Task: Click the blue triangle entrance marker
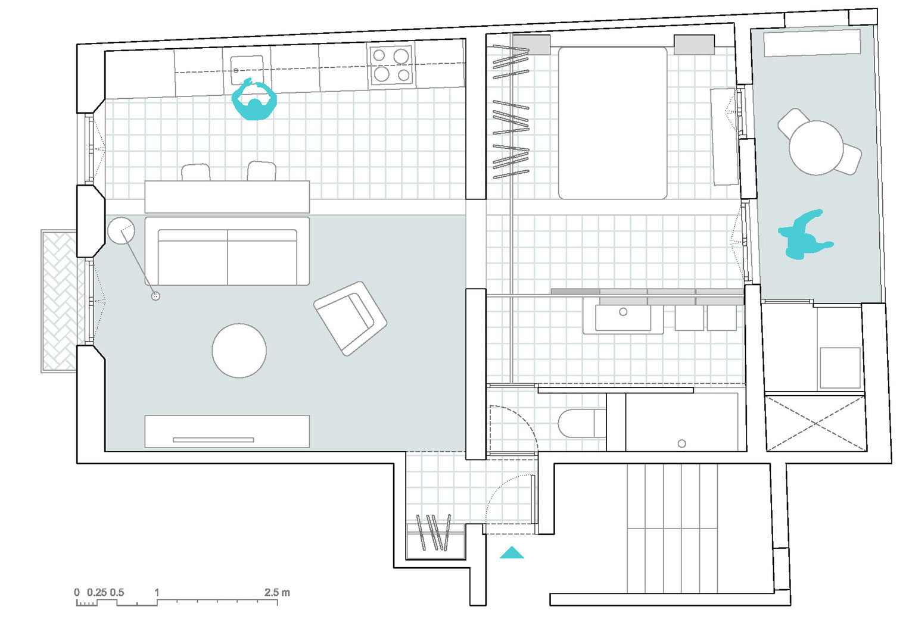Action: coord(512,553)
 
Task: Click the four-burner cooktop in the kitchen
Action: coord(392,66)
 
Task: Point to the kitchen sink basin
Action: coord(247,70)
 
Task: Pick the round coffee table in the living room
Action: coord(239,351)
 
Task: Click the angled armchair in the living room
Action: coord(350,318)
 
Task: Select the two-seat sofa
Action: coord(227,251)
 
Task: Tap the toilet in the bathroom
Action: coord(582,423)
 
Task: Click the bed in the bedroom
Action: coord(612,123)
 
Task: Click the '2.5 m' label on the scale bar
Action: coord(277,592)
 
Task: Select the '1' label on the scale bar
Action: coord(157,592)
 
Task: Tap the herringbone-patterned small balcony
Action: coord(59,301)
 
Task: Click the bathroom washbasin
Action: coord(623,318)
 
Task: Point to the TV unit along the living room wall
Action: coord(227,431)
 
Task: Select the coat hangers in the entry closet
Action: coord(434,533)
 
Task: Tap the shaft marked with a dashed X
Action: coord(816,423)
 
